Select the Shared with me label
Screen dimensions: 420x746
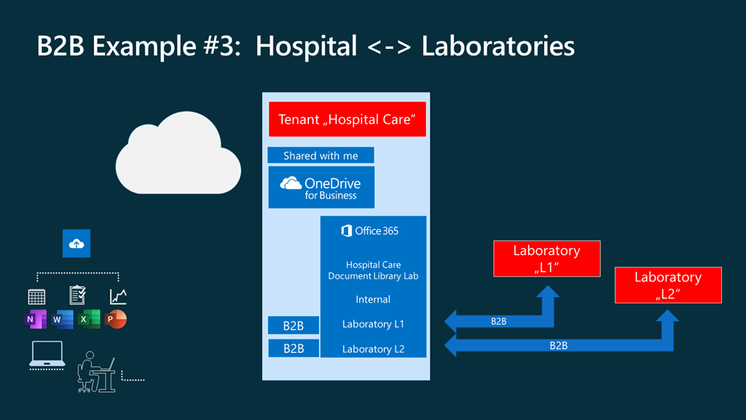pyautogui.click(x=321, y=155)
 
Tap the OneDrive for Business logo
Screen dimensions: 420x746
pyautogui.click(x=321, y=188)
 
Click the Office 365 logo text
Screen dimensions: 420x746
pyautogui.click(x=371, y=231)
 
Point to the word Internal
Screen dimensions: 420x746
pyautogui.click(x=373, y=299)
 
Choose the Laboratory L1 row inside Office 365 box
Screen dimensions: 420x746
pyautogui.click(x=373, y=324)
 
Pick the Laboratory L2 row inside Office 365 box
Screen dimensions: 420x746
pyautogui.click(x=373, y=349)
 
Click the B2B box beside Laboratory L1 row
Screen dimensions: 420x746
pyautogui.click(x=294, y=324)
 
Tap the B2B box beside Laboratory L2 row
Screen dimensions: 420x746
pyautogui.click(x=294, y=349)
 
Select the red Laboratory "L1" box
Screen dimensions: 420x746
pyautogui.click(x=546, y=258)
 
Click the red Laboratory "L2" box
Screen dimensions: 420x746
pyautogui.click(x=668, y=284)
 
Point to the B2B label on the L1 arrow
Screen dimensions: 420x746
pyautogui.click(x=499, y=322)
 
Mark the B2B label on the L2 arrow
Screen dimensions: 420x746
pyautogui.click(x=559, y=346)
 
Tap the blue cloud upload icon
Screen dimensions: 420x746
pyautogui.click(x=76, y=244)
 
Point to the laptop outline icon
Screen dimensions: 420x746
pyautogui.click(x=47, y=355)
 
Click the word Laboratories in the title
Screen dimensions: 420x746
pyautogui.click(x=498, y=46)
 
